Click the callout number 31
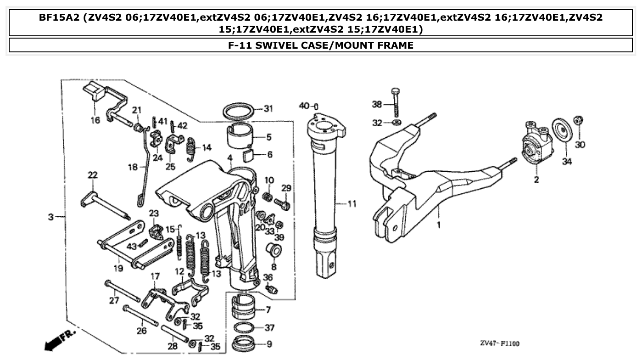point(268,109)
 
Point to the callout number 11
point(352,203)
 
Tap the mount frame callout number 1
point(439,225)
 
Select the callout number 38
point(377,104)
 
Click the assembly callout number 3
point(50,216)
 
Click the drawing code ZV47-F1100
point(500,343)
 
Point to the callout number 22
point(93,175)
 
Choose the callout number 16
point(95,120)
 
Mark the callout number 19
point(118,268)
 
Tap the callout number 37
point(269,328)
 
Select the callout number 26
point(141,331)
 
